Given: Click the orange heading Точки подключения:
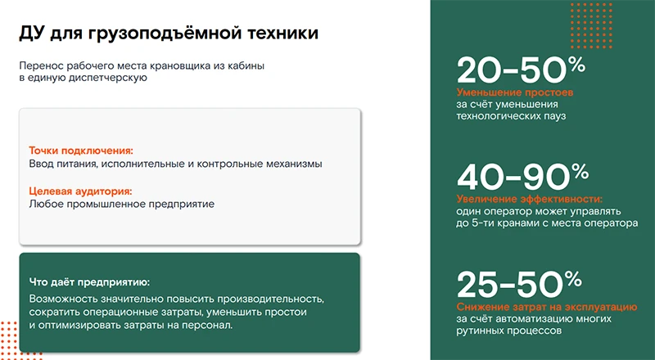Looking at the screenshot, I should pos(80,151).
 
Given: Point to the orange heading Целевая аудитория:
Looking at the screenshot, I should pos(80,191).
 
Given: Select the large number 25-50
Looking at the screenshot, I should pos(508,286).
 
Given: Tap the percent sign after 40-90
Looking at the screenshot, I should pos(579,170).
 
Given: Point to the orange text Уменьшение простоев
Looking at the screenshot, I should pos(515,92).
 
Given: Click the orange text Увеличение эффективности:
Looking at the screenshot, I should pos(529,199).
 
